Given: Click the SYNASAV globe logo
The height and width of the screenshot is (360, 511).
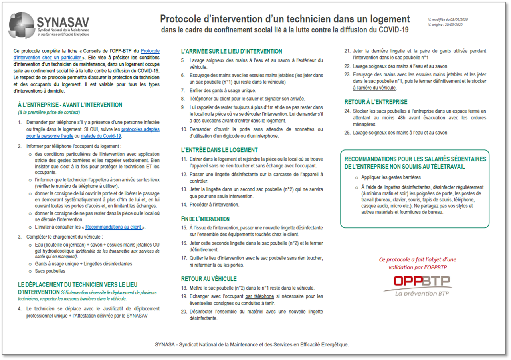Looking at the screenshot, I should pyautogui.click(x=21, y=25).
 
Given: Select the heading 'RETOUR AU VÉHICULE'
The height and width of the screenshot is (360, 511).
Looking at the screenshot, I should pyautogui.click(x=209, y=279).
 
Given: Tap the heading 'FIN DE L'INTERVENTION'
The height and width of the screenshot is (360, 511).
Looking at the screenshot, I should pyautogui.click(x=205, y=219).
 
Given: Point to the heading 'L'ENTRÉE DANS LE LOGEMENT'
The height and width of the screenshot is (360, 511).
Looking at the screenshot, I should pyautogui.click(x=219, y=150).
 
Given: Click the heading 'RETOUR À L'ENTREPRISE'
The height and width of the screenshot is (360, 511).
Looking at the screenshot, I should pyautogui.click(x=376, y=102).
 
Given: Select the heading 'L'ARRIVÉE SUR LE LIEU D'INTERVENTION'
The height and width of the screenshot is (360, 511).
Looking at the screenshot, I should pyautogui.click(x=232, y=51).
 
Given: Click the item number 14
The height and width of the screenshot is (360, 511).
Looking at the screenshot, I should pyautogui.click(x=184, y=205).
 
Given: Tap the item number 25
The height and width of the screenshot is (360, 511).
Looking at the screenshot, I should pyautogui.click(x=347, y=133).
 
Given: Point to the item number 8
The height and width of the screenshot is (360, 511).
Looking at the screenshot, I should pyautogui.click(x=183, y=99).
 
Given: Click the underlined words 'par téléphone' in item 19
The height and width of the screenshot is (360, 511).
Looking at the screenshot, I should pyautogui.click(x=259, y=296).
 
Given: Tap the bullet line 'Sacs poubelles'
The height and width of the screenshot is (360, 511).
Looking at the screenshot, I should pyautogui.click(x=50, y=271).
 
